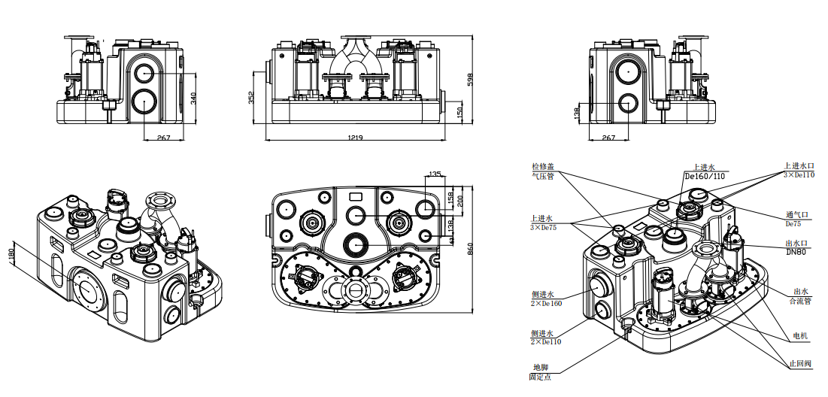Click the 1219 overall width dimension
(x=356, y=138)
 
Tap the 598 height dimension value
(x=472, y=80)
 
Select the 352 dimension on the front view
(x=251, y=98)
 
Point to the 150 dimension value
(x=460, y=112)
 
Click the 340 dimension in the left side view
(x=193, y=98)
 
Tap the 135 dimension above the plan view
(x=434, y=175)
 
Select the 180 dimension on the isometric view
(x=11, y=256)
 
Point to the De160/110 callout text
(x=705, y=176)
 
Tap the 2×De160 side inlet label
(x=546, y=303)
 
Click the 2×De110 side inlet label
(x=546, y=341)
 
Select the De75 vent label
(x=794, y=223)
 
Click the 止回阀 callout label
(x=800, y=363)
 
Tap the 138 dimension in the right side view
(x=578, y=113)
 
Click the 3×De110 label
(x=799, y=175)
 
